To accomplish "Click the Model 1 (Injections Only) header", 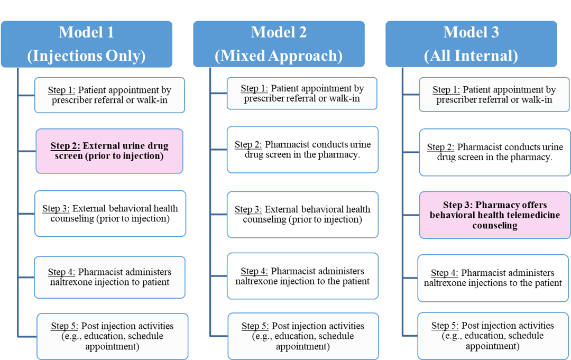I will pos(87,44).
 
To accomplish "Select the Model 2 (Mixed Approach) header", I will pos(279,44).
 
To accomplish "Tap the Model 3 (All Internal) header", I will pos(471,44).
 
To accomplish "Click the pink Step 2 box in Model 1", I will pos(109,151).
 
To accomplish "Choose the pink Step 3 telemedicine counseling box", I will pos(494,215).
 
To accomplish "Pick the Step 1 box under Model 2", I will pos(302,94).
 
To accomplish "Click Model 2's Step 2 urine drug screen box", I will pos(302,150).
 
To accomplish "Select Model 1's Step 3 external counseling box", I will pos(110,213).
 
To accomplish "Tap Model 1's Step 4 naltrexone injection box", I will pos(109,277).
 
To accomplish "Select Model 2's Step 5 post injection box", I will pos(303,336).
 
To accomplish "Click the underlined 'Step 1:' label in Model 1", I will pos(62,89).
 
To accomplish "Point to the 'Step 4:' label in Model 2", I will pos(254,271).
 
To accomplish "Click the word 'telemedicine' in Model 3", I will pos(534,215).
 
